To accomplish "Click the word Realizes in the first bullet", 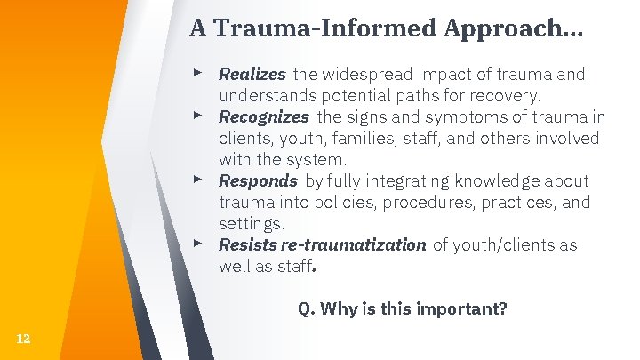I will [252, 74].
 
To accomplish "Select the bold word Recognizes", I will [263, 116].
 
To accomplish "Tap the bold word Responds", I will [258, 180].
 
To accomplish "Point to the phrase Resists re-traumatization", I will [322, 244].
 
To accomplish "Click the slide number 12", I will [23, 339].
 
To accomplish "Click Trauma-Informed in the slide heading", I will [336, 28].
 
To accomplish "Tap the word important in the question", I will [464, 309].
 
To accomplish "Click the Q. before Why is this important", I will [306, 309].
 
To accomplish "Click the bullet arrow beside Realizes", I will [202, 72].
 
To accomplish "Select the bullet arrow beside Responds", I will [202, 179].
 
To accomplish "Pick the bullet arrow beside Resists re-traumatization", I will [202, 243].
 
